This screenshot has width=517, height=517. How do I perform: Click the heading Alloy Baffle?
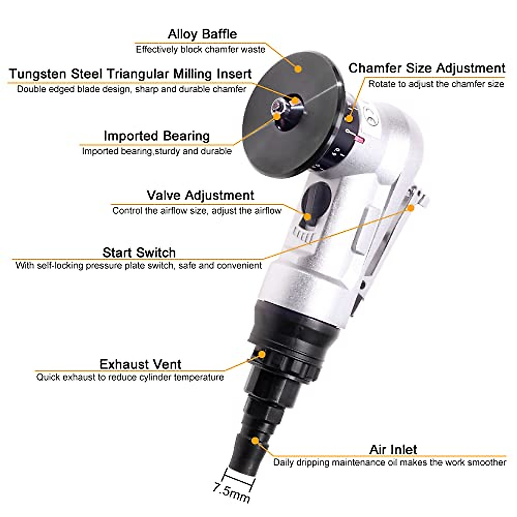coord(202,34)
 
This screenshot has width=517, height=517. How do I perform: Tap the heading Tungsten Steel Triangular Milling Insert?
coord(130,74)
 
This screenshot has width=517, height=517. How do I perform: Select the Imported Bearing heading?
coord(156,136)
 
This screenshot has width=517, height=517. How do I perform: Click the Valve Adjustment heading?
coord(200,195)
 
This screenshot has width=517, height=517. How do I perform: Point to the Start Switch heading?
coord(139,252)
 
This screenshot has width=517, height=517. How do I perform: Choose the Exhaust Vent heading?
coord(140,364)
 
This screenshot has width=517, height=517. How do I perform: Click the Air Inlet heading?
coord(393,449)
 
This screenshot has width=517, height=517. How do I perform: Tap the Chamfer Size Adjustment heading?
coord(427,68)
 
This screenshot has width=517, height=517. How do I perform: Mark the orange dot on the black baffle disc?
coord(297,68)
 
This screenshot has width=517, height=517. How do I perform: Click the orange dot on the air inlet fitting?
coord(255,441)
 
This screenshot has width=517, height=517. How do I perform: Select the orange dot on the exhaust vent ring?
coord(262,354)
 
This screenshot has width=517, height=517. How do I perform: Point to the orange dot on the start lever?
coord(411,208)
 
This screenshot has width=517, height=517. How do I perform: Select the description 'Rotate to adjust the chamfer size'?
coord(436,84)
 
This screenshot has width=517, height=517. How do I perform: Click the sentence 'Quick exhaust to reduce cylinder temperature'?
coord(130,377)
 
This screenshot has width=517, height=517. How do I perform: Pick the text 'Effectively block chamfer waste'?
coord(200,50)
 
